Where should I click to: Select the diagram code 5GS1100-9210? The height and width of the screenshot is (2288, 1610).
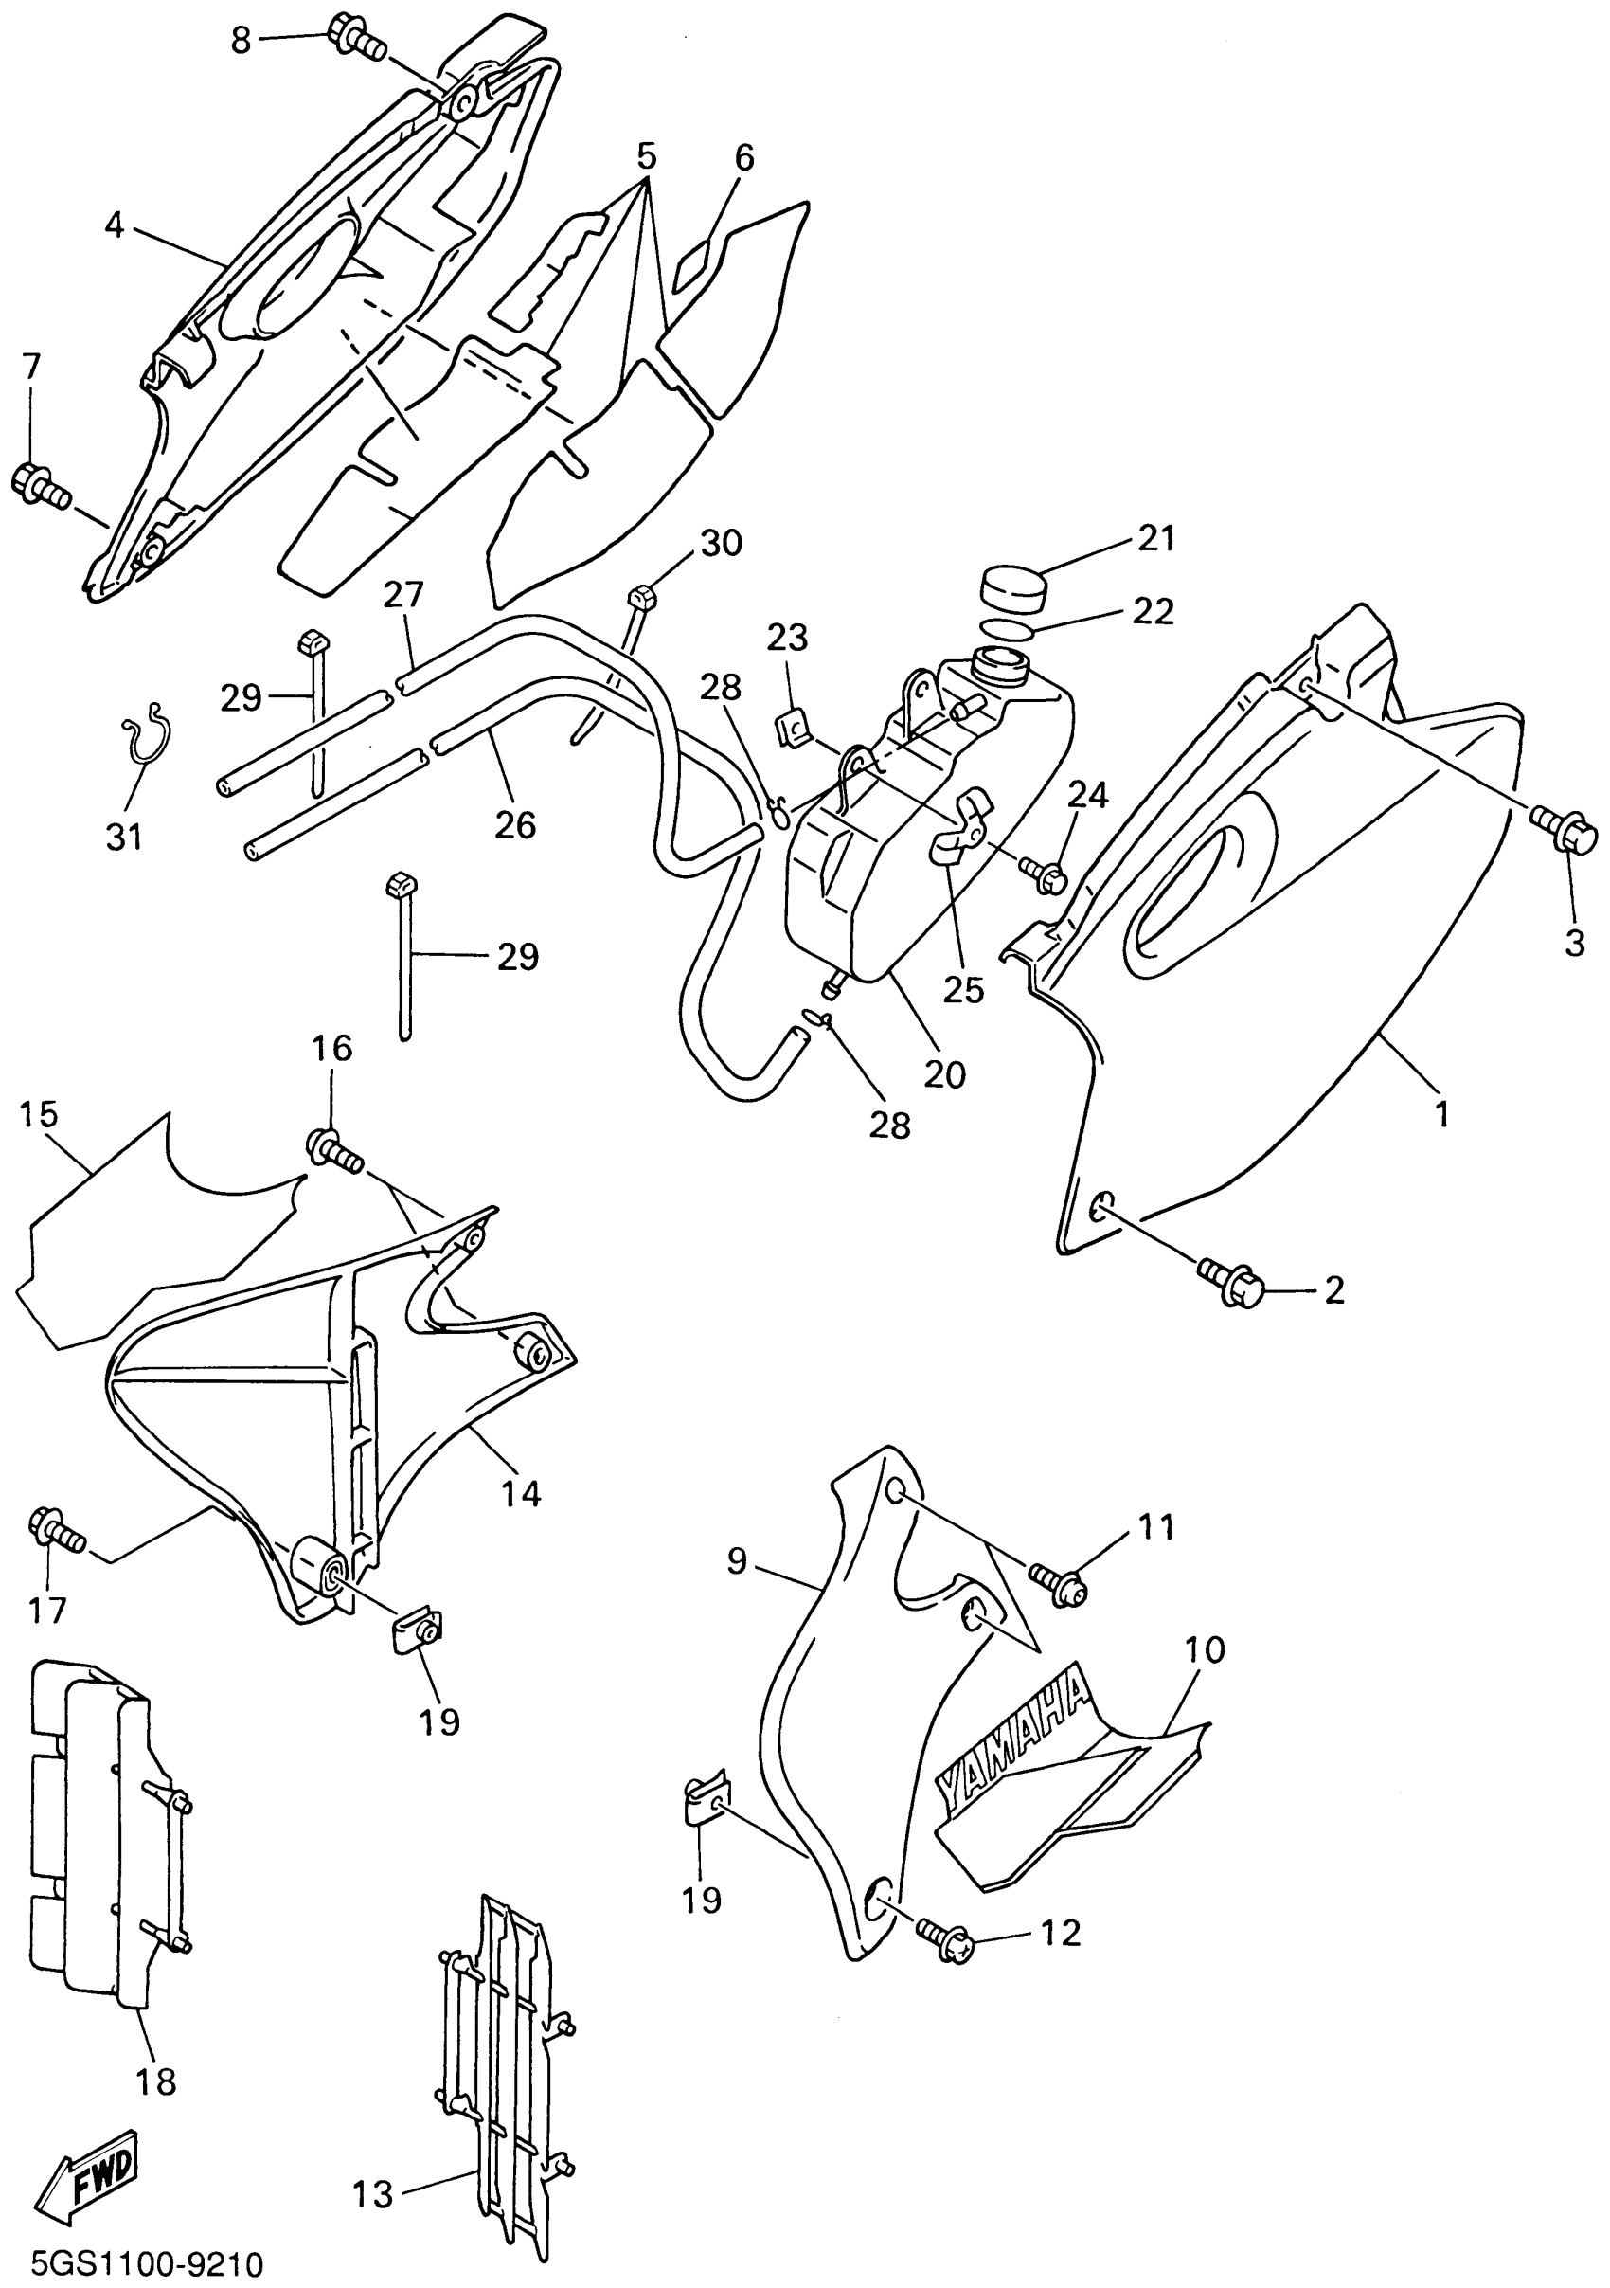pos(148,2262)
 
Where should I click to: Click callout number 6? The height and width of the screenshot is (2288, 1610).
pos(743,157)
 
